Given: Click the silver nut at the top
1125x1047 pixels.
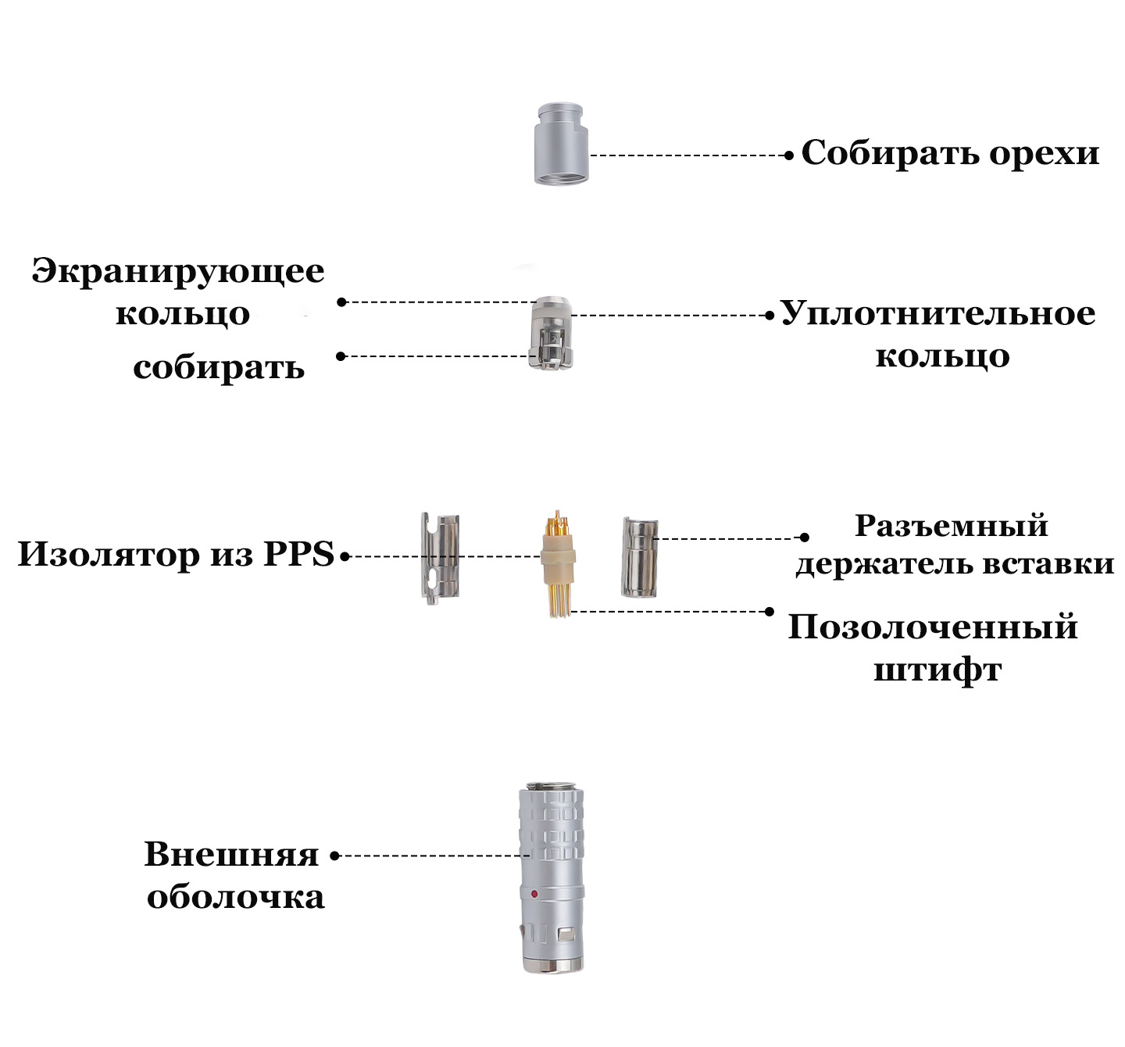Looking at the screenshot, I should [x=560, y=145].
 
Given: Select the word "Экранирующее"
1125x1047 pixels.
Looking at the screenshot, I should [x=178, y=271].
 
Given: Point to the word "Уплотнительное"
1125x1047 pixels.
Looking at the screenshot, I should [x=937, y=314].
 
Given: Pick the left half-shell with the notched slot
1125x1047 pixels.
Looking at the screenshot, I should [x=439, y=558].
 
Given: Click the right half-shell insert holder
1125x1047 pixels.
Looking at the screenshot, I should [x=639, y=556].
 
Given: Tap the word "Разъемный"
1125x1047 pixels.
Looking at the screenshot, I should [x=951, y=526].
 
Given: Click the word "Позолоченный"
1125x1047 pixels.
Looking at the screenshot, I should [x=933, y=627].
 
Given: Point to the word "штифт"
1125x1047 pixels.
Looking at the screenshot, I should [x=937, y=670].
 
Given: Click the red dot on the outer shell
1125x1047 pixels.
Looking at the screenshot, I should [x=534, y=894].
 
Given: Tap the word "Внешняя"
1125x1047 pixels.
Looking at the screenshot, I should [x=231, y=855].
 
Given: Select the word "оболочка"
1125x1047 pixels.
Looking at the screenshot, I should [x=235, y=897].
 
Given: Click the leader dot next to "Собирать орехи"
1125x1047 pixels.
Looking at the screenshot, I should [x=789, y=155].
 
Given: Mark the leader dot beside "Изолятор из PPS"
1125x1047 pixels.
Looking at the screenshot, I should [x=345, y=557].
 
